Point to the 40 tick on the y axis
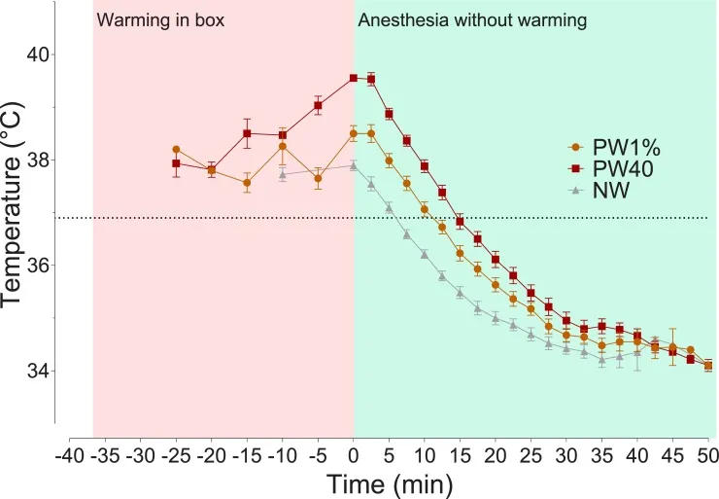(x=40, y=54)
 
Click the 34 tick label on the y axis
(x=40, y=371)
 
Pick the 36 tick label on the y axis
(x=40, y=266)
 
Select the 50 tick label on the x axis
(x=708, y=455)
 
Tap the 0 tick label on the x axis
(x=354, y=455)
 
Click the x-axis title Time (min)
(x=389, y=483)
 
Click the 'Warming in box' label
(x=161, y=20)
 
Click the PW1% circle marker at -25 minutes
(x=176, y=150)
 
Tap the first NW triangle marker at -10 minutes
(x=283, y=175)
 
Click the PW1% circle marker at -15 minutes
(x=247, y=183)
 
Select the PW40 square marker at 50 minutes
(x=708, y=366)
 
